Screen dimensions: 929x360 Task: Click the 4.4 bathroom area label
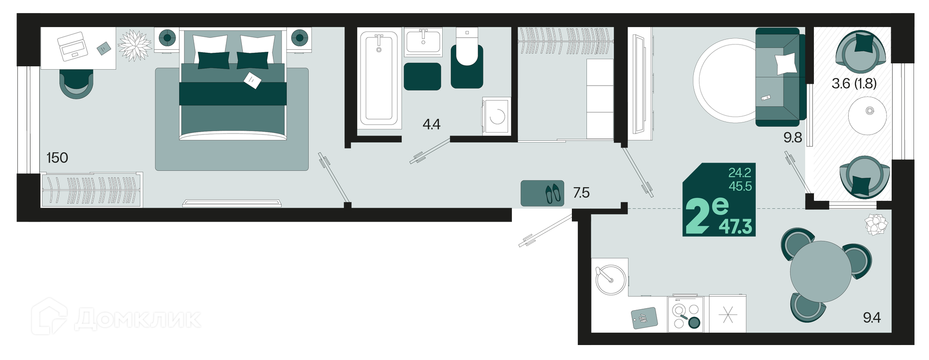click(x=432, y=125)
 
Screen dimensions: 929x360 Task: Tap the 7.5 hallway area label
click(x=581, y=193)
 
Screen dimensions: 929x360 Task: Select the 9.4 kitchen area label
click(x=872, y=317)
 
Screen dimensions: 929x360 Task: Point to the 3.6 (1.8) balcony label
click(x=854, y=84)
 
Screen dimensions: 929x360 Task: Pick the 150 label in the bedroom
click(x=57, y=158)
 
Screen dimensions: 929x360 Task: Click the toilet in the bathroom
click(x=467, y=59)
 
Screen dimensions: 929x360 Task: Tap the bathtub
click(x=379, y=78)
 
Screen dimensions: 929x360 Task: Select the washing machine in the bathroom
click(x=496, y=116)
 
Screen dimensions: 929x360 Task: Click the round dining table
click(x=821, y=271)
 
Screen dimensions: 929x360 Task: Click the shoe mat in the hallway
click(x=542, y=194)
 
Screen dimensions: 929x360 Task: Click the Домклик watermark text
click(x=138, y=319)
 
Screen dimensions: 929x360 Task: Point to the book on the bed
click(x=252, y=80)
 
